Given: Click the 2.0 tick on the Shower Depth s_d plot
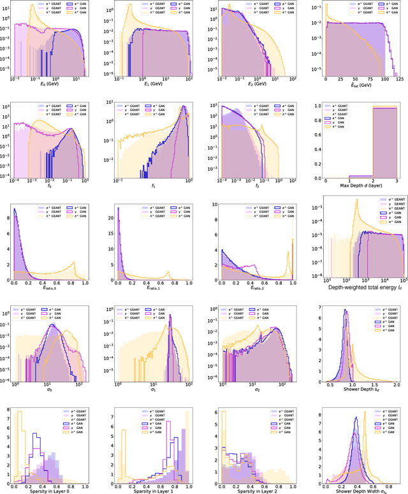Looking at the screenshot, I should point(397,382).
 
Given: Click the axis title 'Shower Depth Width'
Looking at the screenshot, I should point(359,490).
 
